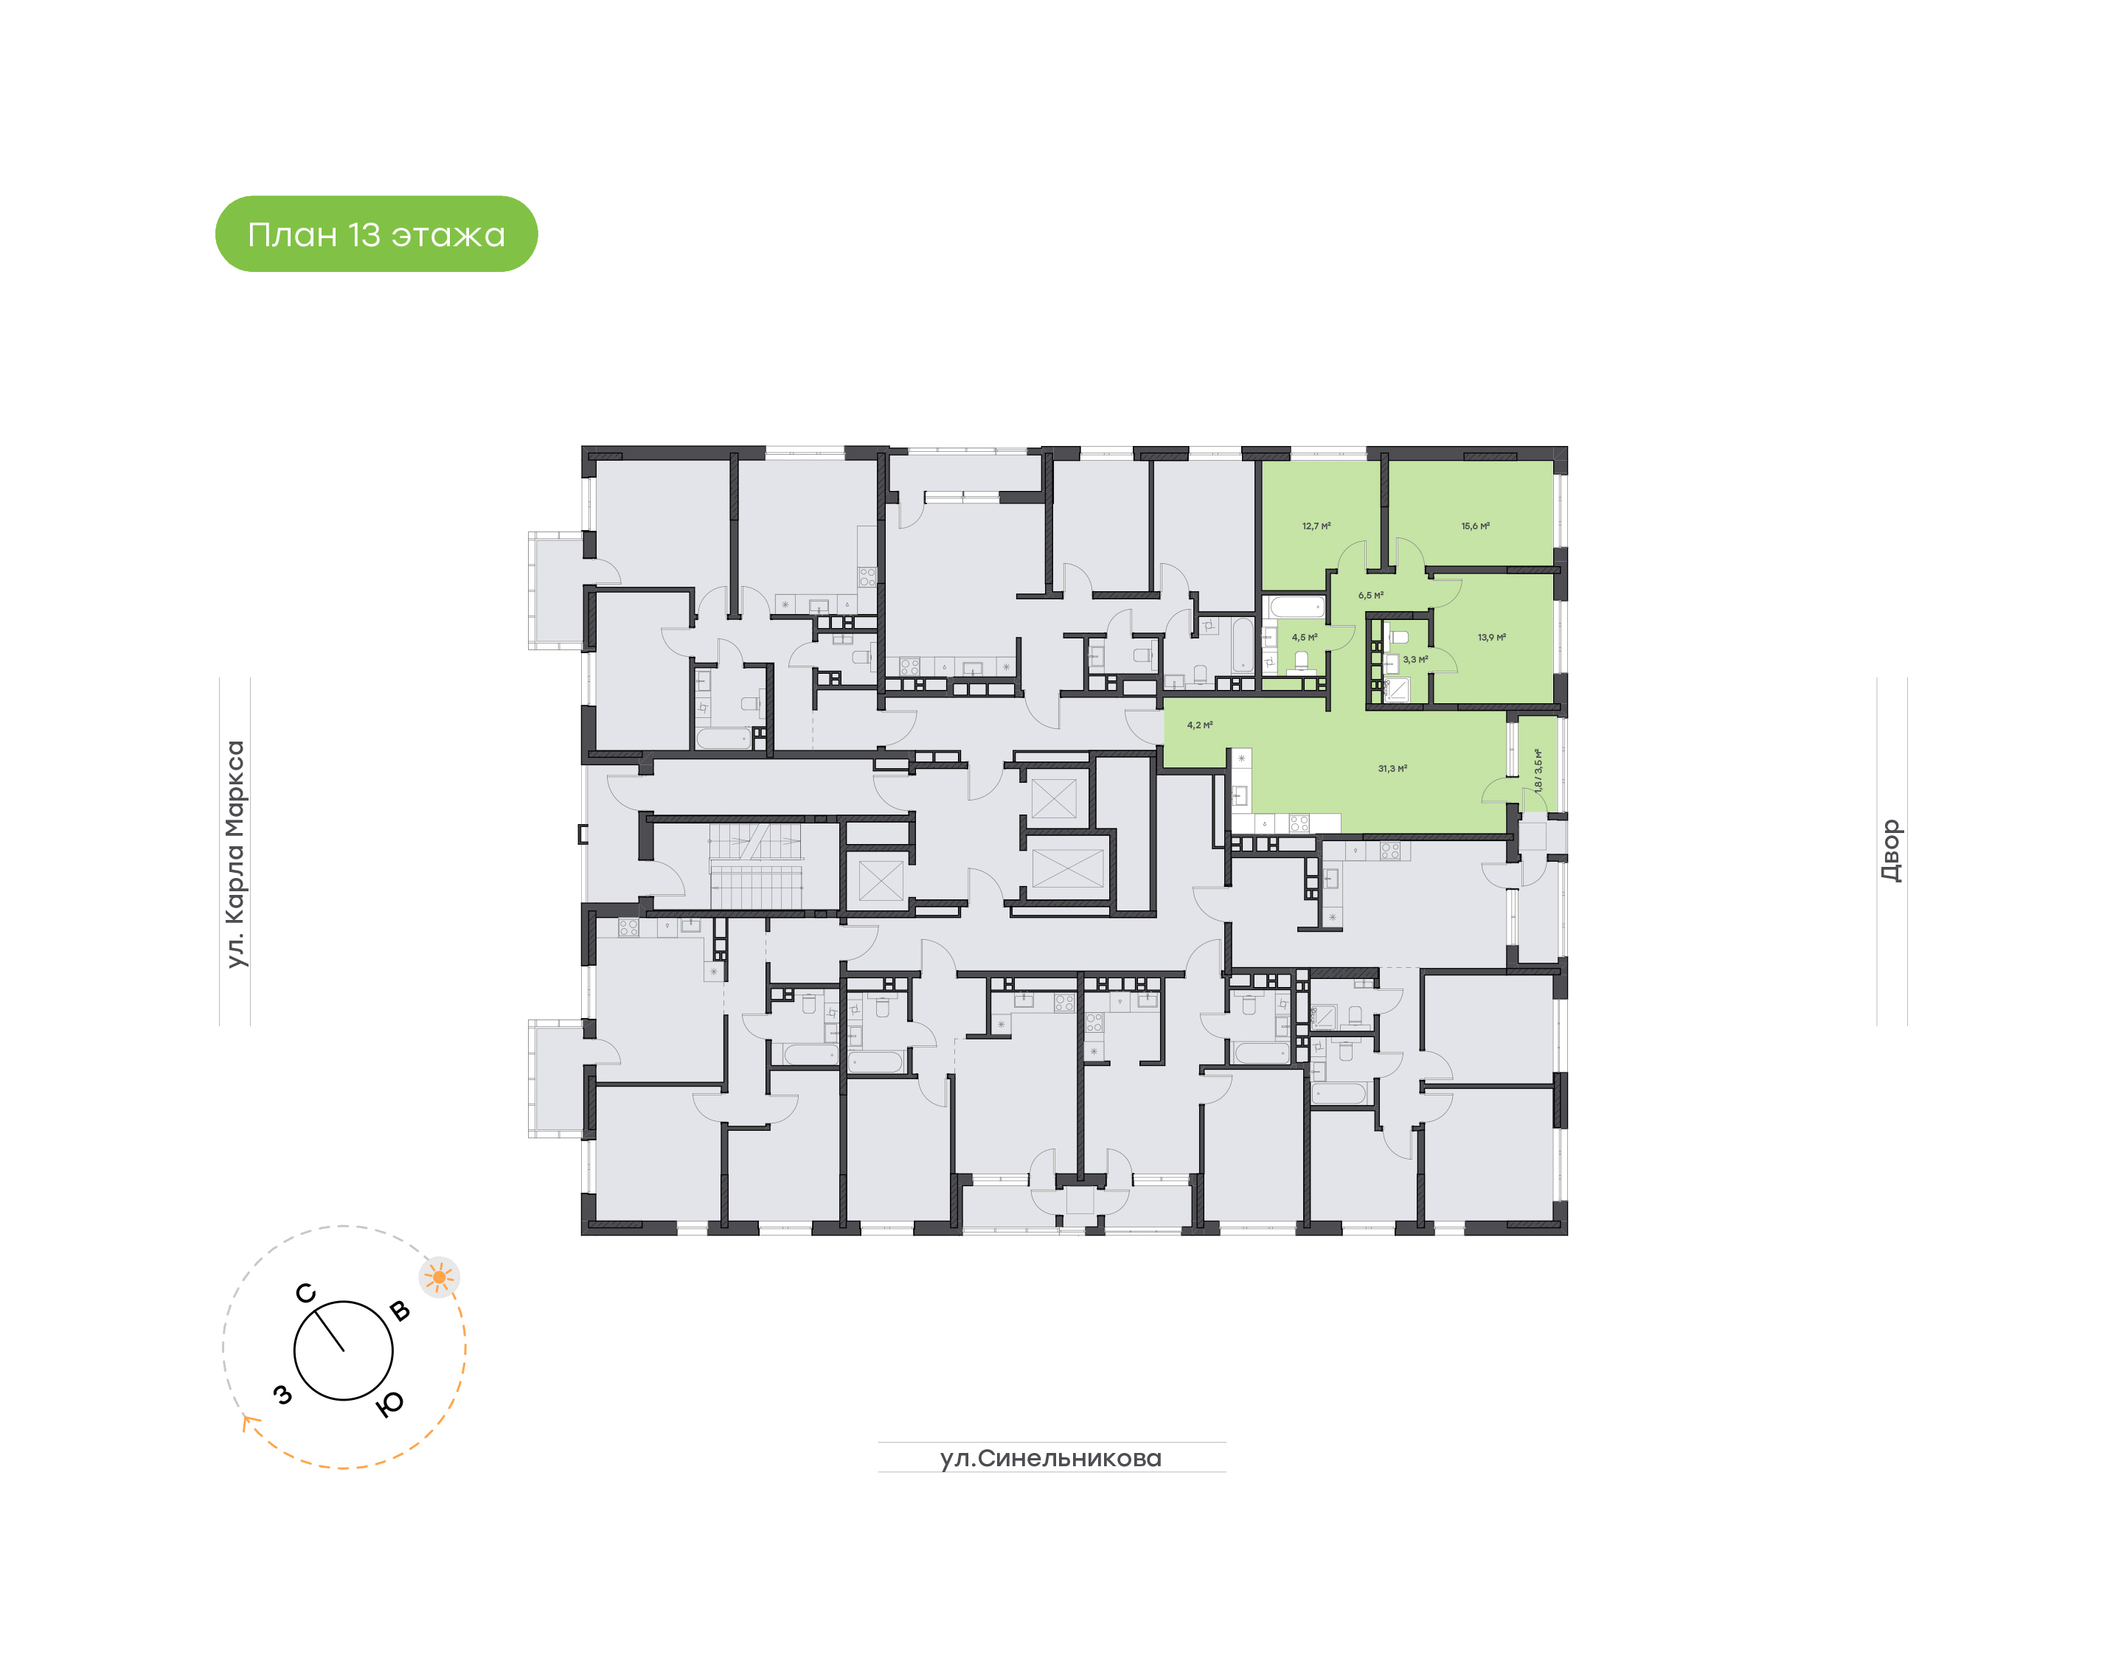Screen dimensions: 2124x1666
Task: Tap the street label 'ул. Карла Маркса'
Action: (235, 854)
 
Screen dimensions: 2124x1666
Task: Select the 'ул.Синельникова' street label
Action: (1051, 1458)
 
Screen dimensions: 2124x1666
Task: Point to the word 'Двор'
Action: (1891, 851)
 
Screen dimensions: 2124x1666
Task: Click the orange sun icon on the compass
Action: (439, 1277)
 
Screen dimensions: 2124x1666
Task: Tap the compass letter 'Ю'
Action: (389, 1404)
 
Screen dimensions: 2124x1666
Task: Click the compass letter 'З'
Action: (283, 1395)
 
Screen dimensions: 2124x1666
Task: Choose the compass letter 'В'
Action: (399, 1310)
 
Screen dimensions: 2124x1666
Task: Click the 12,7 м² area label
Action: (1316, 526)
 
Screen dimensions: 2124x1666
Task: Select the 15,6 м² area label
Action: (1475, 526)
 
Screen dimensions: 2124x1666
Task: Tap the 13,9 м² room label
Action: (1492, 637)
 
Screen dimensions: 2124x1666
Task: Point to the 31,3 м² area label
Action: (1392, 769)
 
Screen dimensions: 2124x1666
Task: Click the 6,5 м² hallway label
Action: (1371, 595)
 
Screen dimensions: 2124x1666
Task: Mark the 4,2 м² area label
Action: (1200, 725)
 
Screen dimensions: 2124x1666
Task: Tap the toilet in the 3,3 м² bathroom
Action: (1398, 637)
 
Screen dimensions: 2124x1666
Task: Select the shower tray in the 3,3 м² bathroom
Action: (1397, 691)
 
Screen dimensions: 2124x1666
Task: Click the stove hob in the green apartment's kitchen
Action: (1299, 823)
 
